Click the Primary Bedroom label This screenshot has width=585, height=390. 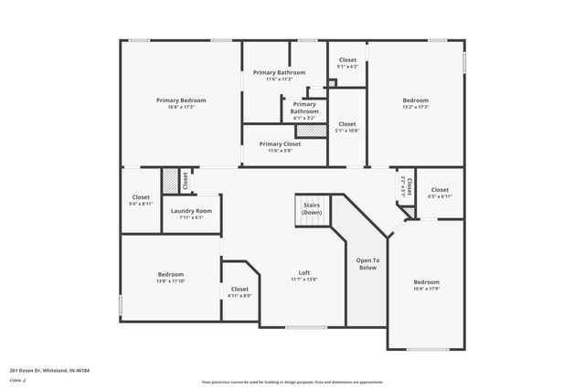point(181,100)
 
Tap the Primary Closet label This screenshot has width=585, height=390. point(280,143)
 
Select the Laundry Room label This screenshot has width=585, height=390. point(192,210)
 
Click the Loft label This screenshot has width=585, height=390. point(304,272)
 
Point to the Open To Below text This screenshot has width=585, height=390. point(367,264)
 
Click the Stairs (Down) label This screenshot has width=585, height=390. point(312,208)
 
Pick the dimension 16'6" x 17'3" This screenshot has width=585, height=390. point(181,107)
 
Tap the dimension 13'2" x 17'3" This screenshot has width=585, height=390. point(416,107)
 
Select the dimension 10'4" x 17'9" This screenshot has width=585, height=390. point(426,289)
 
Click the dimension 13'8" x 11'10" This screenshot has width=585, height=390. point(171,281)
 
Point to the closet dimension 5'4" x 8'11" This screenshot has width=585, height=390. point(141,204)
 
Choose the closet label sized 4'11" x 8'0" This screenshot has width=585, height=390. point(239,296)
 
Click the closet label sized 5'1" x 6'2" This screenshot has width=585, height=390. point(347,67)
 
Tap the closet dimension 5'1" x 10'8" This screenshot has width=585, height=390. point(347,131)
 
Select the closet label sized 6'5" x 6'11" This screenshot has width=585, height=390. point(440,196)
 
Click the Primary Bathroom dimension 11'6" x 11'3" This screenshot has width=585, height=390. point(279,79)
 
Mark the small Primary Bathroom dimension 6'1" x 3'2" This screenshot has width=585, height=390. point(304,118)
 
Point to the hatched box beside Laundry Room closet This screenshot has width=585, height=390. point(169,181)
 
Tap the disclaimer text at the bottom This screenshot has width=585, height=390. point(292,382)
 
